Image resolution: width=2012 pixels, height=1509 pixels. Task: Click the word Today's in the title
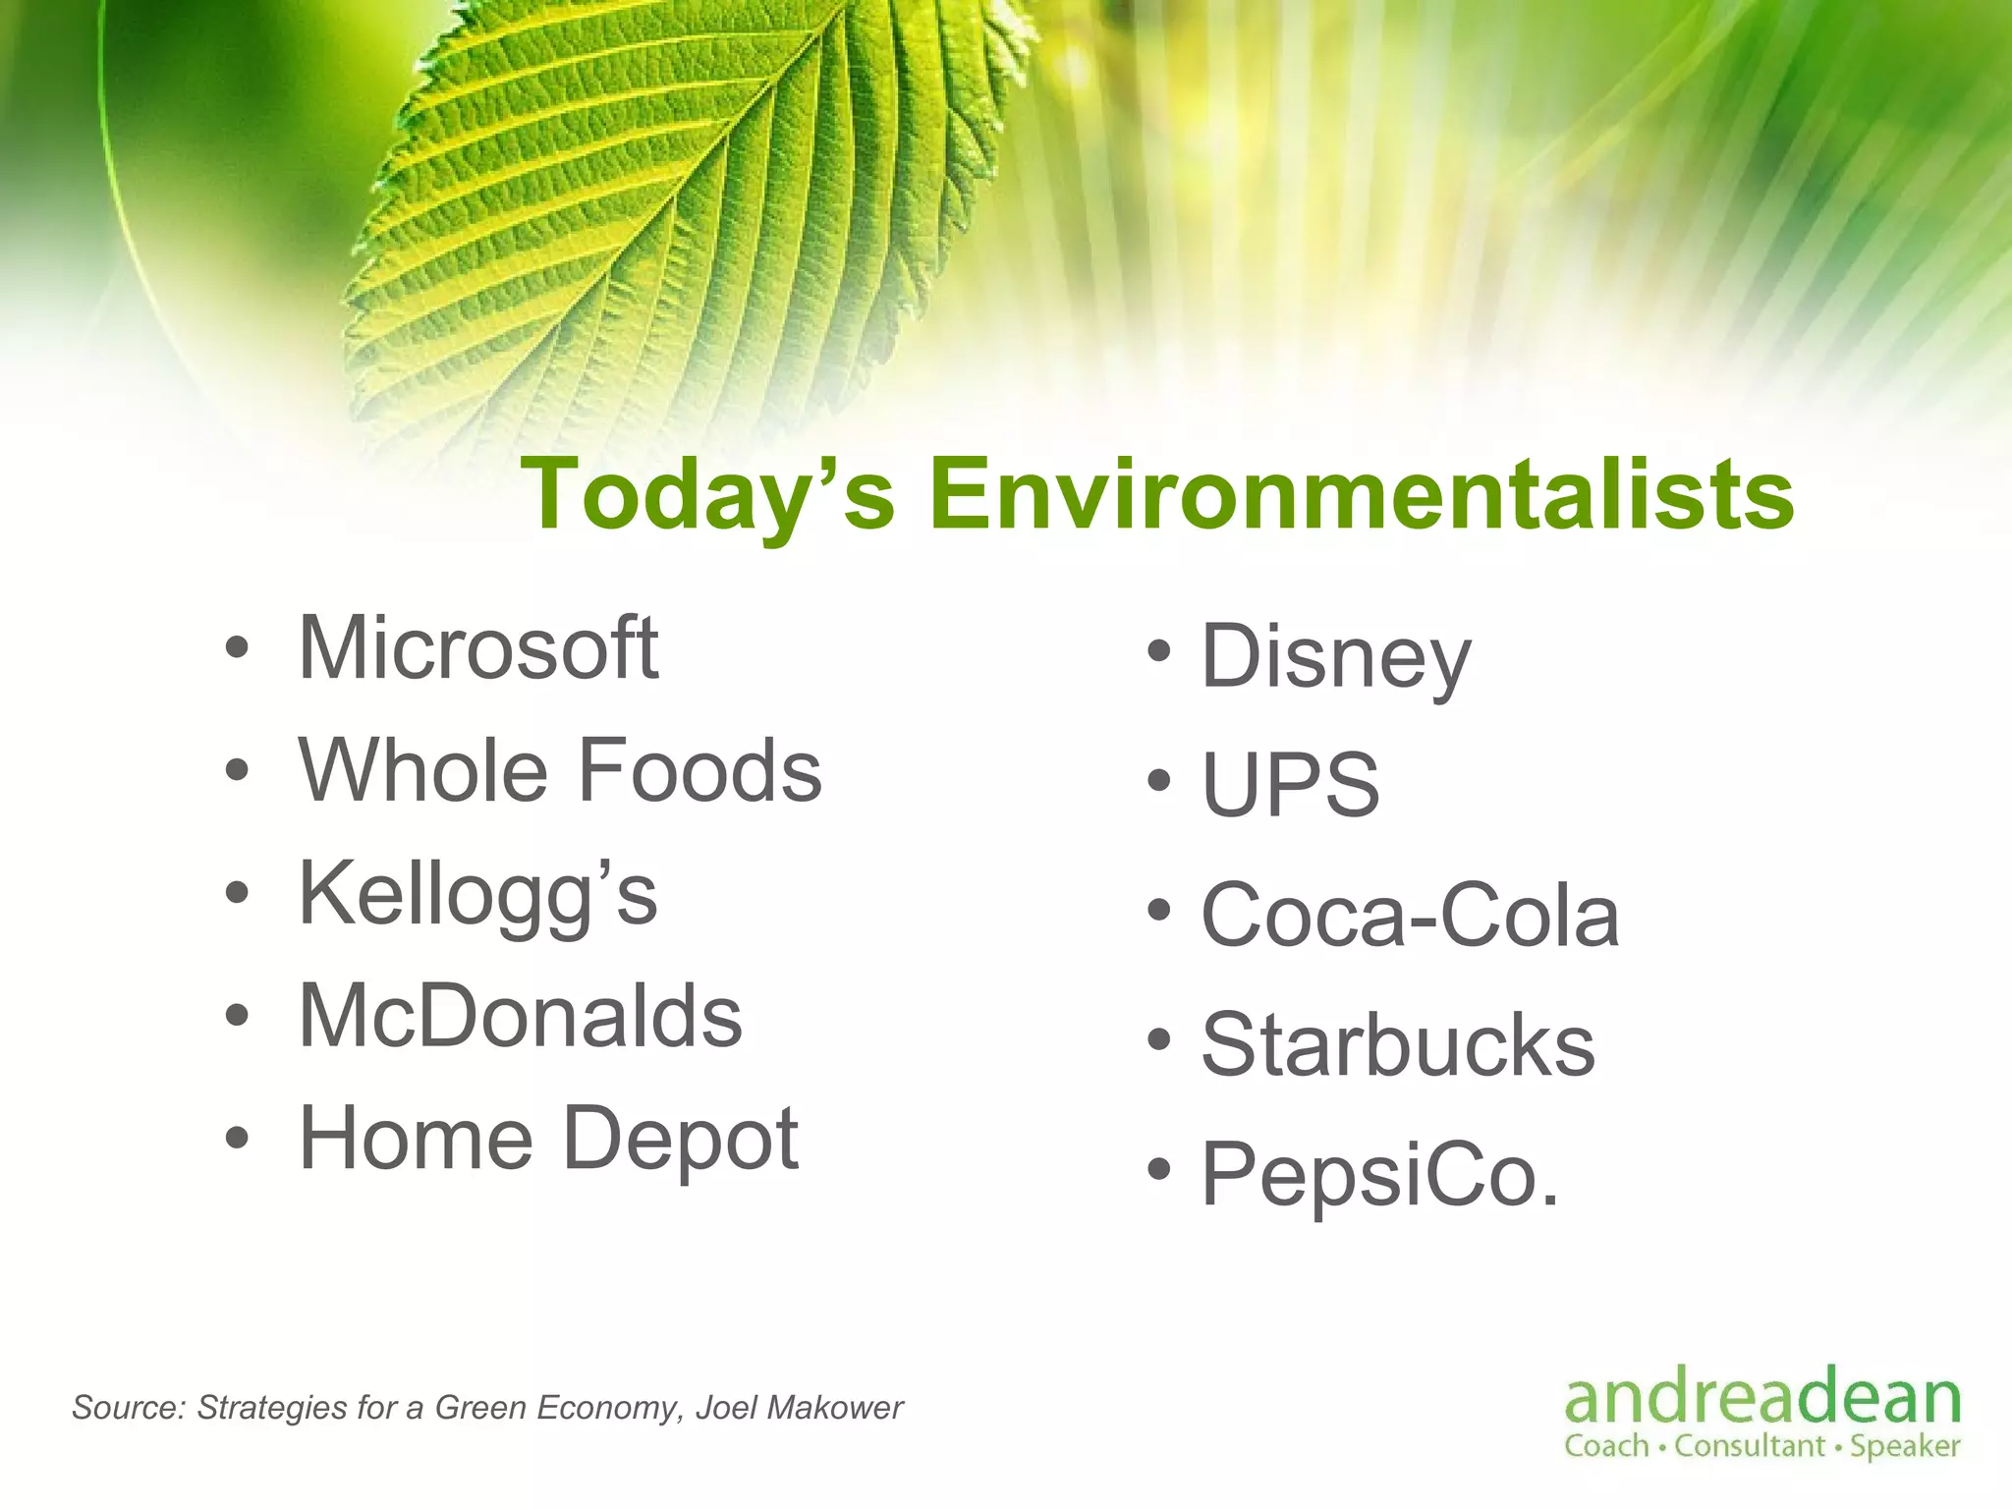point(707,494)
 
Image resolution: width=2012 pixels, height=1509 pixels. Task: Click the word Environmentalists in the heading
point(1362,494)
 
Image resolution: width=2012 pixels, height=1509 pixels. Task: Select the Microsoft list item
point(478,648)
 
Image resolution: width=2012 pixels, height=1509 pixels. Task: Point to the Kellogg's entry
point(478,894)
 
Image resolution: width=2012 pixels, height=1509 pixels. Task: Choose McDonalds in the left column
point(521,1017)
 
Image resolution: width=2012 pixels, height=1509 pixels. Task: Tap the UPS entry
point(1291,785)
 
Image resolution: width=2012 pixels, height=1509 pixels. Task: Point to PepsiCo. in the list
point(1380,1174)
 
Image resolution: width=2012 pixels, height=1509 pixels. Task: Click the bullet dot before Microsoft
point(236,648)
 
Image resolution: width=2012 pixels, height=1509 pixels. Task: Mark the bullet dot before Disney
point(1159,650)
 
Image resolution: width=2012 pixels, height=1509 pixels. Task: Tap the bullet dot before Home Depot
point(236,1139)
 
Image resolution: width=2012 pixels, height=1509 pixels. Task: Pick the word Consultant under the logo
point(1749,1446)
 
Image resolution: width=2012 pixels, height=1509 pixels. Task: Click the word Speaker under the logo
point(1905,1446)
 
